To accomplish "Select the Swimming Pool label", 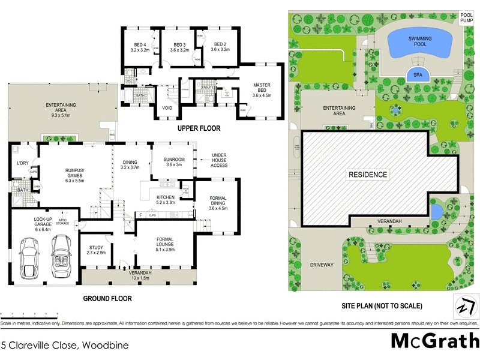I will pyautogui.click(x=421, y=42).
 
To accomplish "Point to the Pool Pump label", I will pyautogui.click(x=466, y=18).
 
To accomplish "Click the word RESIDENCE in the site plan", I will pyautogui.click(x=368, y=175).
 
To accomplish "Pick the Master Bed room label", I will pyautogui.click(x=262, y=90).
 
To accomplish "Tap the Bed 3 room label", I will pyautogui.click(x=179, y=47).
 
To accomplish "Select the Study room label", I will pyautogui.click(x=96, y=251).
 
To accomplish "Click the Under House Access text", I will pyautogui.click(x=220, y=161).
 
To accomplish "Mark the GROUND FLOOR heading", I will pyautogui.click(x=107, y=298).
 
